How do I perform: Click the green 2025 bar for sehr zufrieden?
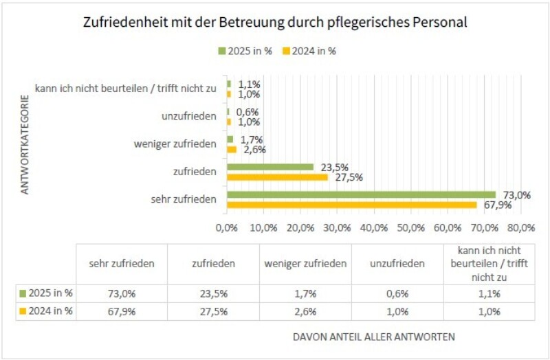click(361, 194)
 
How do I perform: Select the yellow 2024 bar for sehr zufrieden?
click(351, 205)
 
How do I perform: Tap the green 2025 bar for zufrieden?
click(269, 167)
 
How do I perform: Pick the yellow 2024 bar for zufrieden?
click(277, 177)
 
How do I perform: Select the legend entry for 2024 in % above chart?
click(313, 50)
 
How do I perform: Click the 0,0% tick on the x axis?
click(226, 227)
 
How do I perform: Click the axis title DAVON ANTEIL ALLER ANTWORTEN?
click(374, 337)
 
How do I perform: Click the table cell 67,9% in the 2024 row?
click(121, 311)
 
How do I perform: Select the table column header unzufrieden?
click(397, 263)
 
